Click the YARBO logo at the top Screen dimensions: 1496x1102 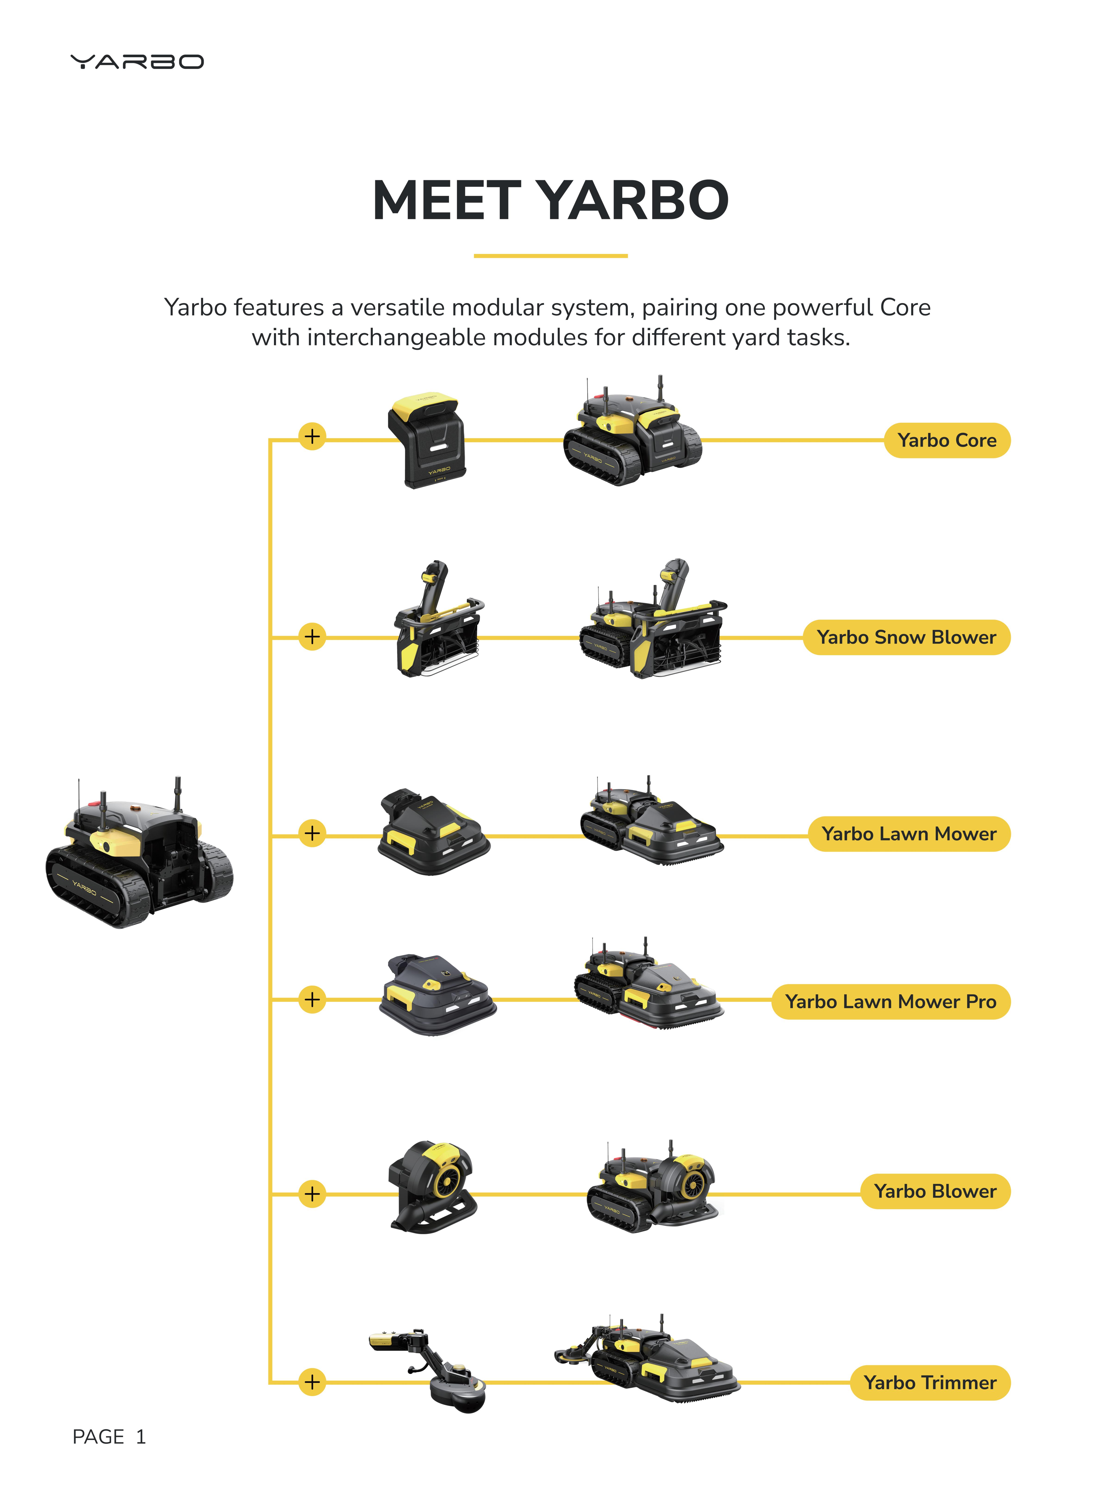pyautogui.click(x=137, y=62)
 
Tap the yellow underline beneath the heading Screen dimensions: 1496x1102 pyautogui.click(x=550, y=256)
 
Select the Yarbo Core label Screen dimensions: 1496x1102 pyautogui.click(x=946, y=440)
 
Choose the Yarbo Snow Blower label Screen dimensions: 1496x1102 pyautogui.click(x=906, y=637)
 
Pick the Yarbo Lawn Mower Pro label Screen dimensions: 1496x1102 pyautogui.click(x=890, y=1002)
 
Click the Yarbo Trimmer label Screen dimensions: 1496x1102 pyautogui.click(x=930, y=1383)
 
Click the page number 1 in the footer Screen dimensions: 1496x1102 pyautogui.click(x=141, y=1437)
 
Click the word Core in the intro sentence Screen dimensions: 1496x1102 pyautogui.click(x=905, y=308)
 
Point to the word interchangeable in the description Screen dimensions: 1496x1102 pyautogui.click(x=396, y=338)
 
